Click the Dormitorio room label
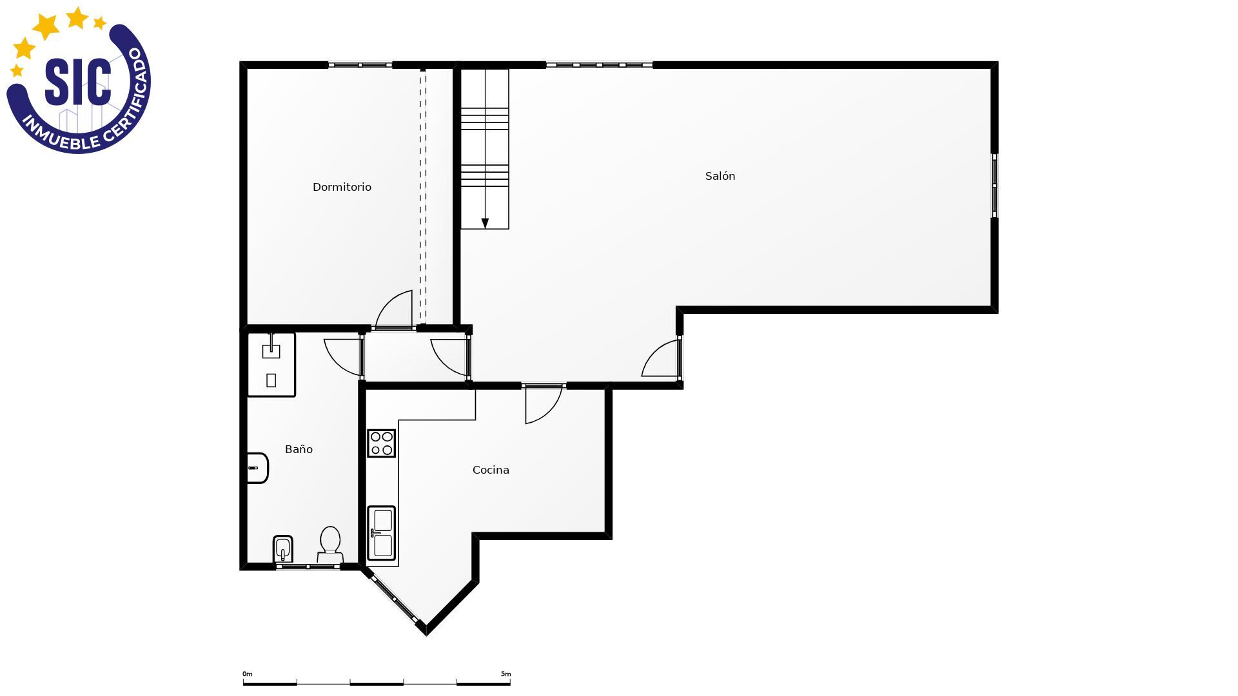[342, 187]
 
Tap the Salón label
[720, 176]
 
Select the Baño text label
[299, 449]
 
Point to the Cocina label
[491, 470]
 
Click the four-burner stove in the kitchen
[381, 443]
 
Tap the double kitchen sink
[381, 532]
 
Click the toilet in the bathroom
[330, 545]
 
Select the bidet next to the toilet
[282, 548]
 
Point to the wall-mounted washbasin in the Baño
[257, 468]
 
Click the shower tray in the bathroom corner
[271, 365]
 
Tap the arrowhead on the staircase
[485, 223]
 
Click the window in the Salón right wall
[994, 186]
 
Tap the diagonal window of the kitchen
[394, 599]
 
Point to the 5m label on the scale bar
[506, 674]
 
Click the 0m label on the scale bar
[248, 674]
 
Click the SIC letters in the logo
[78, 82]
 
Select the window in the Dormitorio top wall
[360, 65]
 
